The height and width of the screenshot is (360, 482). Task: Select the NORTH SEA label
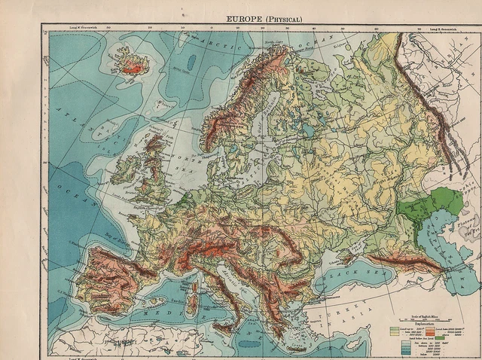189,162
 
